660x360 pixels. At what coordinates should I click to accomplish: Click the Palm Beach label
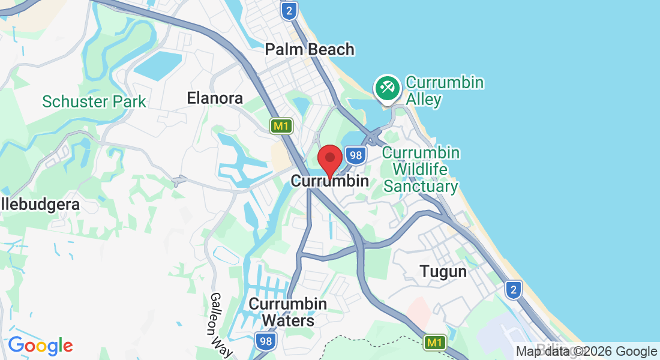coord(310,50)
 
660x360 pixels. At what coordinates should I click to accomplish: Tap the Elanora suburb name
coord(215,98)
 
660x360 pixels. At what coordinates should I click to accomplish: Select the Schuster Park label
coord(94,101)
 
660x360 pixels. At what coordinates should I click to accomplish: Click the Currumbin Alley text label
coord(445,91)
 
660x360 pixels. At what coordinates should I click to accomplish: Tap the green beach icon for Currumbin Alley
coord(386,88)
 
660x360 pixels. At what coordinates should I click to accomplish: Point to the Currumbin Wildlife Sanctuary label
coord(421,170)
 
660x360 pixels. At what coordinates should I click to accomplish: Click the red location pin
coord(329,160)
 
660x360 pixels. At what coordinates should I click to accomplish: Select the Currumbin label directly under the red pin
coord(329,181)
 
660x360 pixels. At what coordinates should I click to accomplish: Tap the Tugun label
coord(443,272)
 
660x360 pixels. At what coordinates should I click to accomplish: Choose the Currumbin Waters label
coord(289,312)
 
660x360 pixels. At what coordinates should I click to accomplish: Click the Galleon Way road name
coord(220,325)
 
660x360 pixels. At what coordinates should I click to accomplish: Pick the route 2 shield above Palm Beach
coord(289,10)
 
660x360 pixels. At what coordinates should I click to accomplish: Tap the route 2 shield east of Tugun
coord(513,290)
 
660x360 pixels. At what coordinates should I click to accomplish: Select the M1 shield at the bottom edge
coord(435,343)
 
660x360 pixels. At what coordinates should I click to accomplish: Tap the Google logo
coord(40,346)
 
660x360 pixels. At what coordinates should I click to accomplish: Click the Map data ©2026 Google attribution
coord(586,352)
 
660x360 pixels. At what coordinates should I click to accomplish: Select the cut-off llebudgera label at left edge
coord(40,205)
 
